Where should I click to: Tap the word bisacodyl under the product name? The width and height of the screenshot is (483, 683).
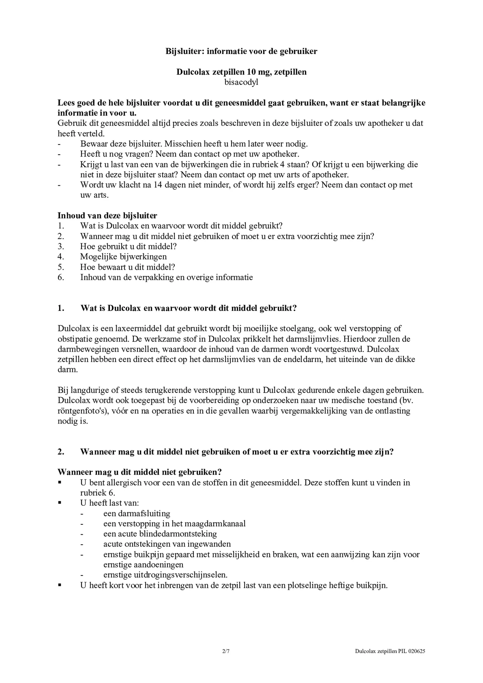(x=241, y=82)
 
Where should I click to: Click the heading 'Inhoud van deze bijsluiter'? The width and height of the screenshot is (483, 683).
(x=107, y=215)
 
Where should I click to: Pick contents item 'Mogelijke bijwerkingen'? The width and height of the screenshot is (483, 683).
(x=123, y=257)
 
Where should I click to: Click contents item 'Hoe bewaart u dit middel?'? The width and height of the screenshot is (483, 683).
(x=127, y=267)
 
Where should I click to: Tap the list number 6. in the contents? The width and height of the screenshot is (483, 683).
(x=61, y=278)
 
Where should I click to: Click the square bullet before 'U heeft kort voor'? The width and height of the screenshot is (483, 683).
(x=59, y=585)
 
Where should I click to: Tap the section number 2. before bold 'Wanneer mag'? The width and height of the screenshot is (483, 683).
(x=61, y=452)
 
